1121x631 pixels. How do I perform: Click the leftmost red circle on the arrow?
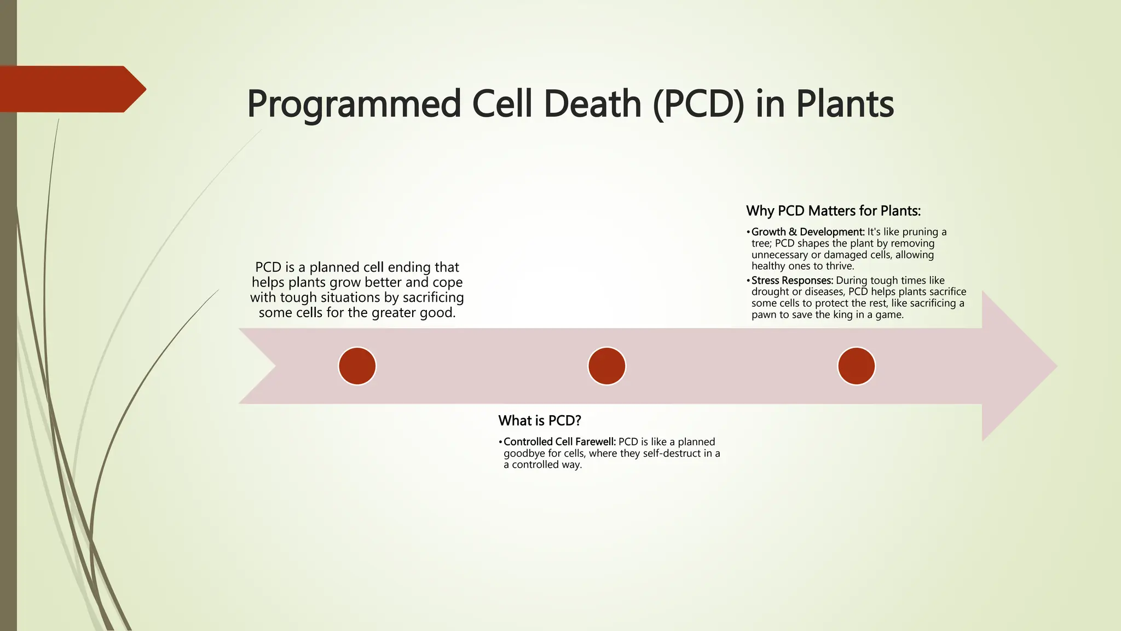(357, 366)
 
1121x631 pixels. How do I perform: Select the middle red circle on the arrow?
(606, 366)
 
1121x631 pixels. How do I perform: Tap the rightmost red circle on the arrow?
(856, 366)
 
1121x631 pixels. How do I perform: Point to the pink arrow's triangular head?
(1018, 366)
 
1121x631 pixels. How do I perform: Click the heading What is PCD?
(539, 421)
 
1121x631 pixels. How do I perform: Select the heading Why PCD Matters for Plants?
(833, 211)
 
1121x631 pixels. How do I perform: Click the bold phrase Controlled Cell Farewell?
(559, 442)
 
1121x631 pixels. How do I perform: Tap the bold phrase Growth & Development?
(808, 232)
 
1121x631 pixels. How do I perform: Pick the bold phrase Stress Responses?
(792, 280)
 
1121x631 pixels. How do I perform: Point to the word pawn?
(764, 315)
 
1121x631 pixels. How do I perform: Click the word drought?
(770, 292)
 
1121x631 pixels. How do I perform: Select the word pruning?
(920, 232)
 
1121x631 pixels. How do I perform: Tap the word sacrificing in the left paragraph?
(433, 297)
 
